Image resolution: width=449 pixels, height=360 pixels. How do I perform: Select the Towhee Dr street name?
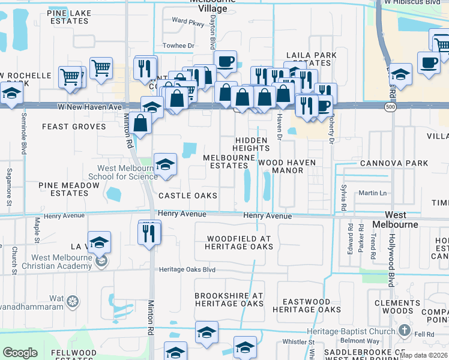click(179, 46)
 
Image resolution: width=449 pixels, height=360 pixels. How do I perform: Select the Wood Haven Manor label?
click(288, 166)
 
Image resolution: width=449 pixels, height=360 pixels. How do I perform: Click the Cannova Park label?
click(394, 163)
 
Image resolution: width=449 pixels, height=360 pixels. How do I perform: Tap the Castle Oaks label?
click(187, 196)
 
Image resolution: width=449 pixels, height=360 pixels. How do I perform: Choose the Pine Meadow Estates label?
click(68, 189)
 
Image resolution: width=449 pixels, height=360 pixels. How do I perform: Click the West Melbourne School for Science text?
click(123, 172)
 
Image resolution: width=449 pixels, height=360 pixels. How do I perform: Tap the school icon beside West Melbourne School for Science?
click(165, 164)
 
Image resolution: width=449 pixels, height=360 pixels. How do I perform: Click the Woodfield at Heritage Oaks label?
click(238, 242)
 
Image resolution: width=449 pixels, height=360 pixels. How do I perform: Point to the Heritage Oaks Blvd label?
click(187, 269)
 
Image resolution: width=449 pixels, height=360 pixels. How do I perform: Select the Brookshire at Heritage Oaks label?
click(229, 299)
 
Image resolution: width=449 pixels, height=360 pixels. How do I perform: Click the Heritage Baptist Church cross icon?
click(405, 331)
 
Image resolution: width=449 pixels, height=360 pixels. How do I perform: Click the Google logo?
click(20, 352)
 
